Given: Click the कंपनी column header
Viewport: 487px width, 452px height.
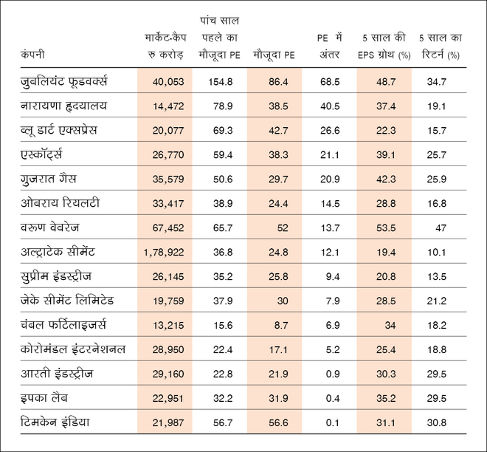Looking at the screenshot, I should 33,55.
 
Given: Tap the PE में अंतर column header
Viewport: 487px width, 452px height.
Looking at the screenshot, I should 325,46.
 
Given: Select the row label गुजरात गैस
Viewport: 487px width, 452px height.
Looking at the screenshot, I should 49,179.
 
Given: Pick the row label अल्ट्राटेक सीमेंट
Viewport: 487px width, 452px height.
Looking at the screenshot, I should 68,252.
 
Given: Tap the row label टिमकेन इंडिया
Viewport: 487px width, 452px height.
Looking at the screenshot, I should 58,422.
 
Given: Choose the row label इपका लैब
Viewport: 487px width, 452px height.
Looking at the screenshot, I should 46,397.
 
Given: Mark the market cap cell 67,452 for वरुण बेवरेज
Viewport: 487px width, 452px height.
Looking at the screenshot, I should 169,228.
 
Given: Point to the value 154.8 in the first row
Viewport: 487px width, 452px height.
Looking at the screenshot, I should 220,81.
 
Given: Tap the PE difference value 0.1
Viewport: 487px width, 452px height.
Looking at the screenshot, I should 331,422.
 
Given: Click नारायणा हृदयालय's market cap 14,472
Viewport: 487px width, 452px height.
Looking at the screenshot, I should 169,106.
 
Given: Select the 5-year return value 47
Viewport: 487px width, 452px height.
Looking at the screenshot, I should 441,228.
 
